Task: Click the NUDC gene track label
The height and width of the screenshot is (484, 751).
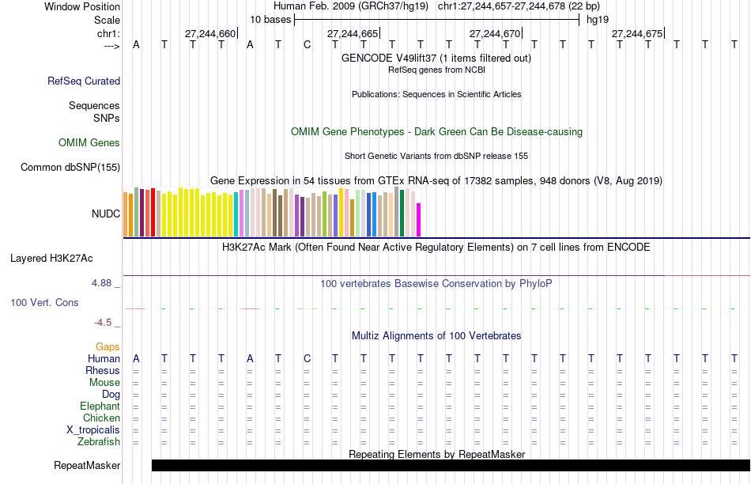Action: click(x=106, y=214)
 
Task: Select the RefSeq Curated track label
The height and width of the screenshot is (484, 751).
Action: click(x=84, y=81)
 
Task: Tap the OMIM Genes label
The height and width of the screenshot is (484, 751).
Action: click(x=89, y=143)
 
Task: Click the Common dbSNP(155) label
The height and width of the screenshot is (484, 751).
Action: click(x=70, y=167)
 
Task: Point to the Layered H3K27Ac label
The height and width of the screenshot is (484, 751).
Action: click(x=51, y=259)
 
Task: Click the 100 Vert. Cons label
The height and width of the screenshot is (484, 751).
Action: click(x=44, y=302)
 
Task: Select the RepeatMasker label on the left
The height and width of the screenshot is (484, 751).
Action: click(x=87, y=465)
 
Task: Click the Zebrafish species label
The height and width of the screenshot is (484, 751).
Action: click(x=99, y=442)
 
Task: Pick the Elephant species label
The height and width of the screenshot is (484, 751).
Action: click(x=100, y=406)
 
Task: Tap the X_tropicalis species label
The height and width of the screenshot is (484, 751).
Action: click(x=93, y=430)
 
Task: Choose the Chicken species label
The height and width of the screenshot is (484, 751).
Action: click(x=101, y=418)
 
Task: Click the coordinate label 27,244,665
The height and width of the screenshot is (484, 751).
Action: click(x=353, y=33)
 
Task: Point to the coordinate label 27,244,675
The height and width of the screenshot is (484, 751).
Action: click(x=637, y=33)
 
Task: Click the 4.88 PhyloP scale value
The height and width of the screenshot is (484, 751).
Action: click(x=101, y=283)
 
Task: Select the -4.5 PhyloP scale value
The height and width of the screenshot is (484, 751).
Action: click(x=103, y=323)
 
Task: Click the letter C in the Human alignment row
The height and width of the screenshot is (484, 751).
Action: click(x=307, y=358)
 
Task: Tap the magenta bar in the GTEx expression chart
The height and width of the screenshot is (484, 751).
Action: click(x=419, y=220)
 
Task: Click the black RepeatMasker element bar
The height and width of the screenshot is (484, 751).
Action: click(x=451, y=465)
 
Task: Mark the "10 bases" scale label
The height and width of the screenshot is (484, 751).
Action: click(x=270, y=20)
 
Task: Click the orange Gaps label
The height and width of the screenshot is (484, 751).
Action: click(x=108, y=346)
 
